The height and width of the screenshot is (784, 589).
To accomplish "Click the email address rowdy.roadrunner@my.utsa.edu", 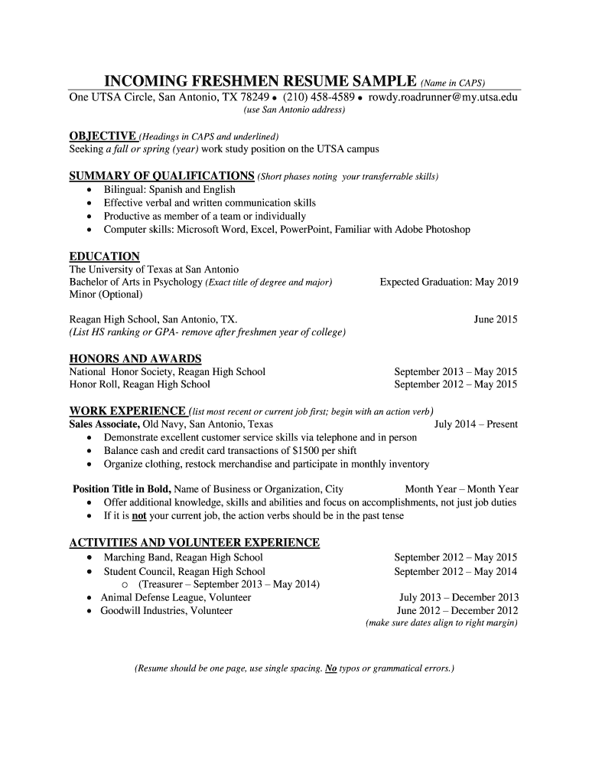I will click(x=443, y=97).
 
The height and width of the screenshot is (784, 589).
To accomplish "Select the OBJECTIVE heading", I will click(x=103, y=136).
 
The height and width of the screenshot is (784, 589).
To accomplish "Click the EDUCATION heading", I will click(x=105, y=256).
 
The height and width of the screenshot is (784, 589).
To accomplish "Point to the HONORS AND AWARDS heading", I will click(x=135, y=358).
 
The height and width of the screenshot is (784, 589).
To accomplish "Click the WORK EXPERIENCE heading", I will click(x=128, y=410).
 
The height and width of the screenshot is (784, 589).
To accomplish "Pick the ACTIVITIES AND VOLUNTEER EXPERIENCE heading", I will click(x=194, y=543).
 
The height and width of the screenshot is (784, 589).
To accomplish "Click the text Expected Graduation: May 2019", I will click(x=449, y=282).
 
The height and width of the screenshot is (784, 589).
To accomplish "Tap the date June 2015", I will click(x=496, y=319).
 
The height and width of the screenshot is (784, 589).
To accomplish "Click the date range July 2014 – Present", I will click(x=476, y=424).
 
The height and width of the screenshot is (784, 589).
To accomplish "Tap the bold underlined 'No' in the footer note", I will click(x=331, y=668).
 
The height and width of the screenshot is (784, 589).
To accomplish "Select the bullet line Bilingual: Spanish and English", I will click(x=170, y=190).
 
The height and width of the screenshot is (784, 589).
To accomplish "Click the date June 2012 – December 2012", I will click(x=457, y=610).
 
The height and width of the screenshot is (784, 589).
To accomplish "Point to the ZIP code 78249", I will click(x=253, y=97).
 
